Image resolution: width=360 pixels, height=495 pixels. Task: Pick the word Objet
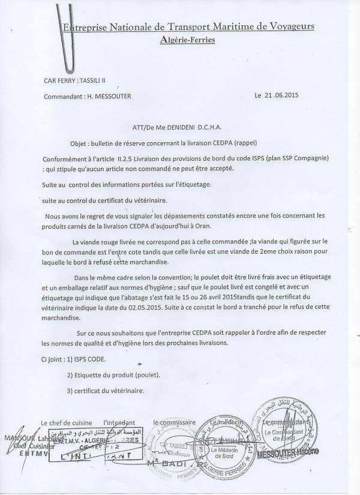point(79,142)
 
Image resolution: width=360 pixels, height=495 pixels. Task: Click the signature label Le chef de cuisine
point(68,422)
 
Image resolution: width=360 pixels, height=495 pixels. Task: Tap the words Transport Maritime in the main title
point(202,27)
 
